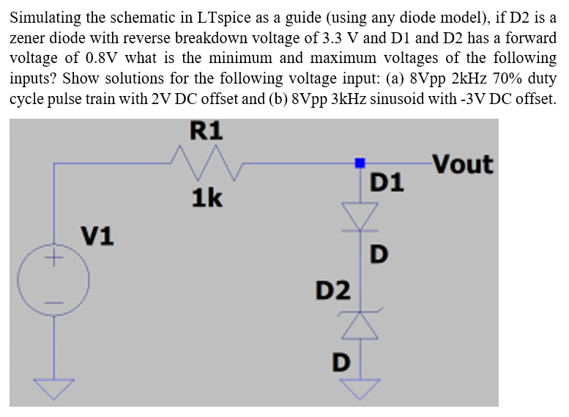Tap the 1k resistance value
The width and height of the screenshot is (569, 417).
(207, 198)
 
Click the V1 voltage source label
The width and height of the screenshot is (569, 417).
(97, 236)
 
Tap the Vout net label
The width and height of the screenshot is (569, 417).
(463, 165)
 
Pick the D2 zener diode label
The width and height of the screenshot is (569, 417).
(333, 289)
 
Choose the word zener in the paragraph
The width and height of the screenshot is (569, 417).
(31, 37)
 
